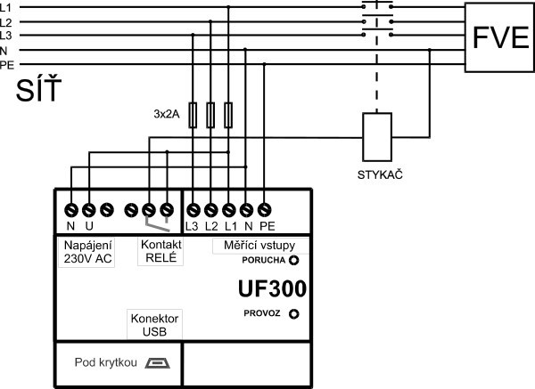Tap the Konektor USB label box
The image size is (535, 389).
tap(155, 324)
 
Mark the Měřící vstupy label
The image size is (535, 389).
tap(259, 244)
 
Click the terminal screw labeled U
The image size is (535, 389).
tap(89, 210)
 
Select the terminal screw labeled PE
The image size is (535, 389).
tap(267, 210)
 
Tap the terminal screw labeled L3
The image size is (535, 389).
tap(193, 210)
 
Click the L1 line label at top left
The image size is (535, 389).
tap(7, 8)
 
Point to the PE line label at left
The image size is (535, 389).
tap(7, 64)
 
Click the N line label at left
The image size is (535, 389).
tap(5, 51)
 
